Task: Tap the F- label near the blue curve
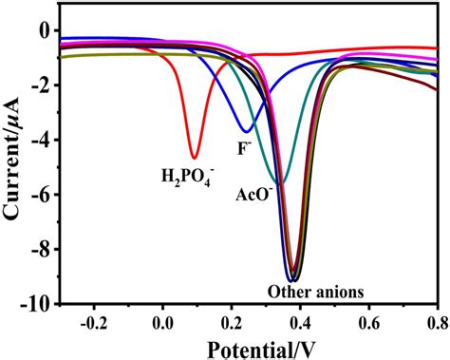pyautogui.click(x=242, y=148)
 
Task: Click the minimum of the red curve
pyautogui.click(x=194, y=158)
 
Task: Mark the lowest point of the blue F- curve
pyautogui.click(x=247, y=131)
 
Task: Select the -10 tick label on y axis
pyautogui.click(x=39, y=304)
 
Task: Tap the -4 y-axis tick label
pyautogui.click(x=43, y=140)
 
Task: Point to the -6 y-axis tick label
pyautogui.click(x=43, y=195)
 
